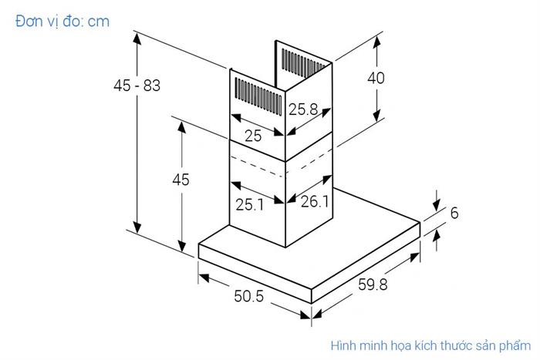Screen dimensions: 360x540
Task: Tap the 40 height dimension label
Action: tap(376, 78)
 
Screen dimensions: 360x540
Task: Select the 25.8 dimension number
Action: tap(304, 110)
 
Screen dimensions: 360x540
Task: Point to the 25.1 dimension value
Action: tap(250, 204)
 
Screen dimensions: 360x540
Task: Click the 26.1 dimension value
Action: tap(315, 202)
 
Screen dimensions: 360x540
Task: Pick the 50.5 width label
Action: tap(249, 297)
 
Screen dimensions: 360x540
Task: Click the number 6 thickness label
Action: tap(454, 213)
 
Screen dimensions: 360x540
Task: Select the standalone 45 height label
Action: tap(180, 180)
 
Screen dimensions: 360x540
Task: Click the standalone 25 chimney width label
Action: tap(253, 136)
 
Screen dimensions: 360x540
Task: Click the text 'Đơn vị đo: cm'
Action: tap(62, 21)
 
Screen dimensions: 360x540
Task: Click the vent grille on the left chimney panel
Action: tap(255, 96)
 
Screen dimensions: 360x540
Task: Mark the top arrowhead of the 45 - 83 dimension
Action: tap(137, 36)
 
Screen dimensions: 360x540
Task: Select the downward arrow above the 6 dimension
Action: tap(435, 202)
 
